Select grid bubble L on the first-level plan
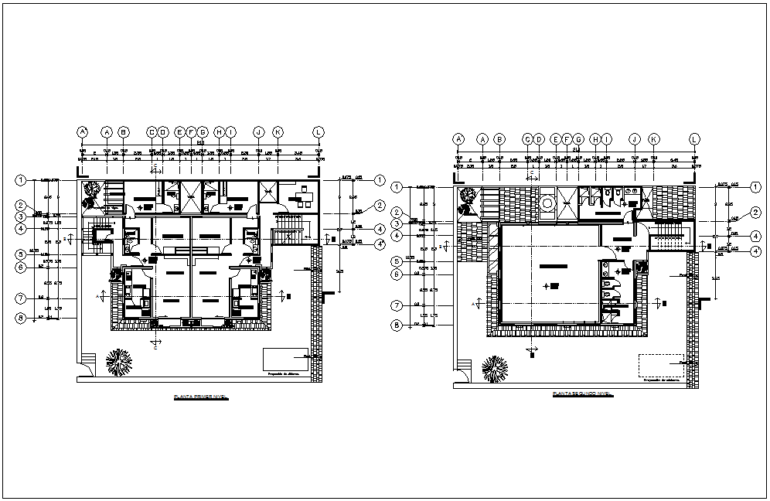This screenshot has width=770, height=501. pos(318,132)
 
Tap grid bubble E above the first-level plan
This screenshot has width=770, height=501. pos(179,132)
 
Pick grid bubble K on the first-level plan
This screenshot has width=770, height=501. pos(278,132)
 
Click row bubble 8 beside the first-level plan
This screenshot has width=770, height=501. pos(21,318)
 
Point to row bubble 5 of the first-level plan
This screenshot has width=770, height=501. pos(21,254)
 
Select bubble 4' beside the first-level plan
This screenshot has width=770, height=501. pos(380,244)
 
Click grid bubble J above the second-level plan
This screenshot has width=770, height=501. pos(635,139)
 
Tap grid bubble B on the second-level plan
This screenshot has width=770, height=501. pos(499,139)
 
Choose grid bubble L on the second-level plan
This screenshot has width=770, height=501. pos(694,139)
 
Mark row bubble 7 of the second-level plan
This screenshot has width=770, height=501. pos(396,305)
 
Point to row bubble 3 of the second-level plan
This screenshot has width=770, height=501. pos(396,224)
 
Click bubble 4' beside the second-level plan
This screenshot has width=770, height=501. pos(755,250)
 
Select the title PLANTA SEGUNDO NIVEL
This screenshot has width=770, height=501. pos(582,394)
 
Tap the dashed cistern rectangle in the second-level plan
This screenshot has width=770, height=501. pos(661,365)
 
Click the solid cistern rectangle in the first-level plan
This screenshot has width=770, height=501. pos(285,360)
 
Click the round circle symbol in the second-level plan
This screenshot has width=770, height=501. pos(547,203)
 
